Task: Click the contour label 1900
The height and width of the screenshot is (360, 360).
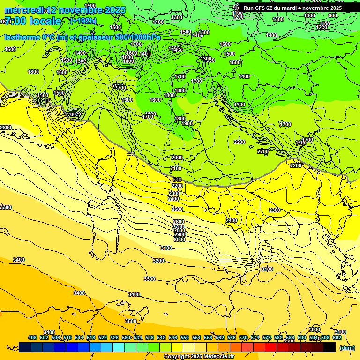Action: tap(187, 123)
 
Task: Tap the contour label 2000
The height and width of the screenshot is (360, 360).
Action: tap(177, 157)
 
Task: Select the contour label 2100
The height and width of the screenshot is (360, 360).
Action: tap(176, 168)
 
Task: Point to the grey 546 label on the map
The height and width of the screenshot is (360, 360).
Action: tap(177, 180)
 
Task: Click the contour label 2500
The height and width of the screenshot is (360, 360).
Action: tap(177, 209)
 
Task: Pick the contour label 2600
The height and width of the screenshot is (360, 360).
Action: tap(179, 222)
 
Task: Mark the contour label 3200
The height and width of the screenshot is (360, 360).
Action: tap(158, 261)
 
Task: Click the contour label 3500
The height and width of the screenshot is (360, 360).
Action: tap(131, 321)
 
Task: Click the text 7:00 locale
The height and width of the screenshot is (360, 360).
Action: tap(33, 21)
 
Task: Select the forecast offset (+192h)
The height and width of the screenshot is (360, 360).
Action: tap(83, 21)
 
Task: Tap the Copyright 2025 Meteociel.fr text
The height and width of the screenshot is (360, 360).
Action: tap(199, 357)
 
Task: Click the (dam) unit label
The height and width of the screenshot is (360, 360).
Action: tap(346, 347)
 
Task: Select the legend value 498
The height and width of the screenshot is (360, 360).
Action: tap(32, 337)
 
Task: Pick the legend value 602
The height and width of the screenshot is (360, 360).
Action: tap(337, 337)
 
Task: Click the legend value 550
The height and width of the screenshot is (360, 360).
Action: tap(185, 337)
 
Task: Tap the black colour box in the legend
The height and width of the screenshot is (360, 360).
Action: tap(330, 347)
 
